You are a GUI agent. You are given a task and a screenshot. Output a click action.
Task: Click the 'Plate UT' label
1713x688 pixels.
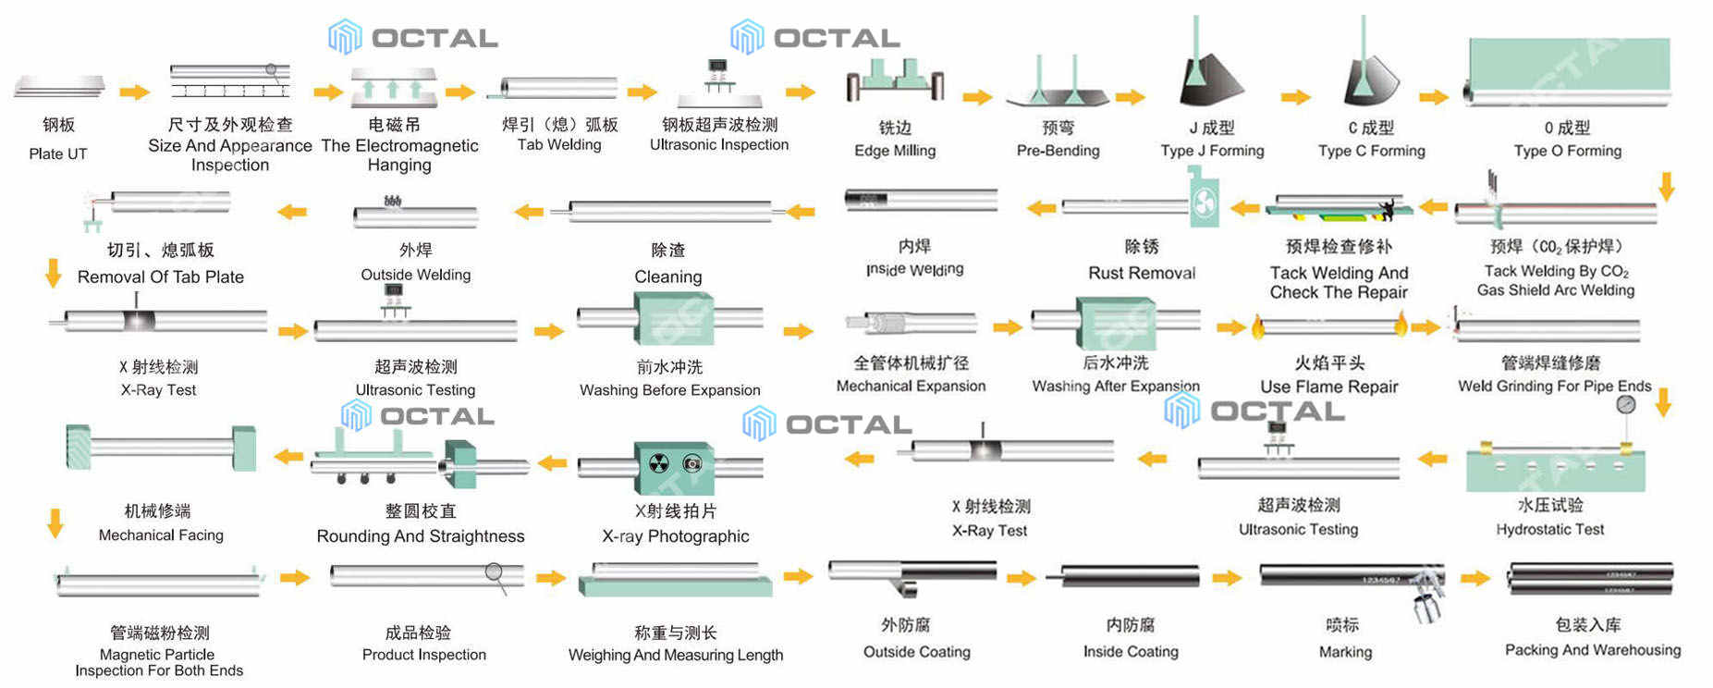[x=58, y=154]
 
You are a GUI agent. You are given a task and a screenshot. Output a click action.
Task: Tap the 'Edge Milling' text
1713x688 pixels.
[x=895, y=151]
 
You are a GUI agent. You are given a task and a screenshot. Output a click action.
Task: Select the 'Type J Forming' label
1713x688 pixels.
[x=1212, y=151]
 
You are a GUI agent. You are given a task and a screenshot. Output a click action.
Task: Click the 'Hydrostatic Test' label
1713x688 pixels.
[x=1550, y=529]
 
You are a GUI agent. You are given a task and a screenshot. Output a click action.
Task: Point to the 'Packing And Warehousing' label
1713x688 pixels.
[x=1593, y=650]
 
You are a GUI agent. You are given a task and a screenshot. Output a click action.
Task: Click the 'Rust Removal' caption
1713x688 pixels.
[x=1142, y=273]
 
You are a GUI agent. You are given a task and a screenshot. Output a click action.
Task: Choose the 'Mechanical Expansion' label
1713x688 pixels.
[x=911, y=386]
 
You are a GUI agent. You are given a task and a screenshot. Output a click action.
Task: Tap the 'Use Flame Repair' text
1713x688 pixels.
[x=1329, y=387]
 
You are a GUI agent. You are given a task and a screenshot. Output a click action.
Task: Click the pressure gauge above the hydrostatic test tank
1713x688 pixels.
[x=1626, y=404]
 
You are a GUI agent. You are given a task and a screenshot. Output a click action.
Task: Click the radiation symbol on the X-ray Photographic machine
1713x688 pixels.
[x=658, y=463]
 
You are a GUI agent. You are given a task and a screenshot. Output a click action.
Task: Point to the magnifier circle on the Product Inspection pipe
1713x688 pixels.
[x=495, y=572]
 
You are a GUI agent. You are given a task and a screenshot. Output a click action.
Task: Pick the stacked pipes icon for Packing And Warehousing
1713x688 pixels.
[x=1590, y=580]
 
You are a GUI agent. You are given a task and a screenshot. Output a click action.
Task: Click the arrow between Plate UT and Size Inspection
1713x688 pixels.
[x=134, y=92]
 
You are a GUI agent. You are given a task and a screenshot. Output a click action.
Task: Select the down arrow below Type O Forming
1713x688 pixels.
[x=1666, y=186]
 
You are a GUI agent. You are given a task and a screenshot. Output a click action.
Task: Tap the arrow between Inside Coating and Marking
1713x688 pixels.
[x=1227, y=578]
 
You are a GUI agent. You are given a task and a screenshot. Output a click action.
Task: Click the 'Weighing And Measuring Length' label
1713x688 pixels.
[x=676, y=655]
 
